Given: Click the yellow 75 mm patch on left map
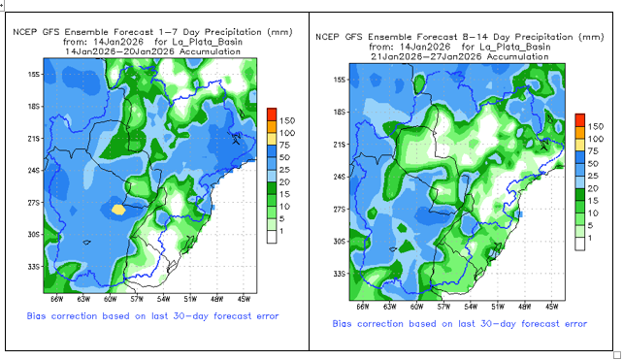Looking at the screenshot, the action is click(x=118, y=210).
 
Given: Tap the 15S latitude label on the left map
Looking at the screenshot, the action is click(x=34, y=75).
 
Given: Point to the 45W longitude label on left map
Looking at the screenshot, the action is click(x=244, y=299).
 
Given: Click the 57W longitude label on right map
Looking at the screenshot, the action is click(x=443, y=307).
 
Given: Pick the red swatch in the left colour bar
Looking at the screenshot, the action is click(x=272, y=115).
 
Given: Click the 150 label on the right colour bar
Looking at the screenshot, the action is click(x=596, y=126).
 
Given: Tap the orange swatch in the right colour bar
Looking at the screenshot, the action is click(x=579, y=132).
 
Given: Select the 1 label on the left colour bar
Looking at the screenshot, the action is click(x=281, y=231).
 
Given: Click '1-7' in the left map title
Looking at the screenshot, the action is click(x=167, y=32).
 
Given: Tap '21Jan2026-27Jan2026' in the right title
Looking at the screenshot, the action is click(x=427, y=57).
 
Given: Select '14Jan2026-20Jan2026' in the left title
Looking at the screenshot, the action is click(x=119, y=51).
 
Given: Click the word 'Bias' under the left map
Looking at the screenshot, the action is click(x=36, y=316).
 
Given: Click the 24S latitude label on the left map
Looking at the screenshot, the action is click(x=34, y=171).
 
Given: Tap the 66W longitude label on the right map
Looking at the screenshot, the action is click(x=362, y=307).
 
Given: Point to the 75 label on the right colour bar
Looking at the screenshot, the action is click(x=592, y=151).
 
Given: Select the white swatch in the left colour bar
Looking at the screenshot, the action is click(x=272, y=237).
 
